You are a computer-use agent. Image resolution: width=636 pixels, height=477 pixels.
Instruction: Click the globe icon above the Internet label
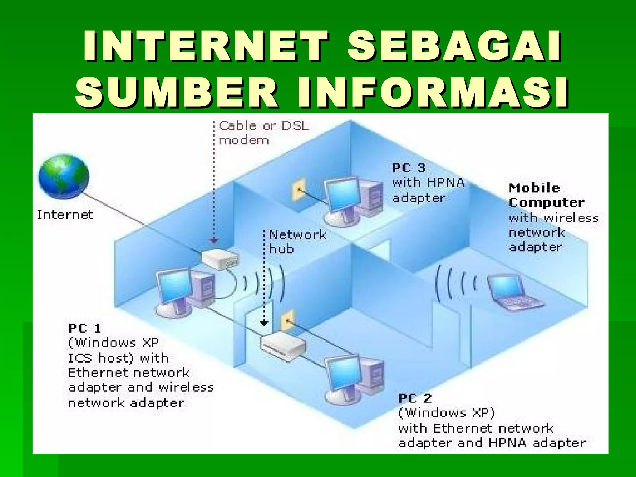tap(64, 176)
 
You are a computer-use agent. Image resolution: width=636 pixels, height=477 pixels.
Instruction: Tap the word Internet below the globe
tap(65, 215)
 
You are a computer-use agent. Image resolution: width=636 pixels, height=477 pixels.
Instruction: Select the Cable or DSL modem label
tap(264, 133)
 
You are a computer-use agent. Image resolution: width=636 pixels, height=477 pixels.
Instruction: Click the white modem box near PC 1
tap(220, 259)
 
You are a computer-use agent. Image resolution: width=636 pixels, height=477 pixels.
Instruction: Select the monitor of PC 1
tap(173, 285)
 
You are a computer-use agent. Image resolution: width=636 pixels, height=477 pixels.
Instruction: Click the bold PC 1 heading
tap(84, 328)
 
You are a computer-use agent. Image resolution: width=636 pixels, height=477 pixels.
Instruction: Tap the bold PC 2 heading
tap(415, 398)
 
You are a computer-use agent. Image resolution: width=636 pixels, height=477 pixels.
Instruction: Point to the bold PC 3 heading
tap(409, 168)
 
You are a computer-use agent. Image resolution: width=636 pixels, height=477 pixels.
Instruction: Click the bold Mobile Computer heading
tap(546, 195)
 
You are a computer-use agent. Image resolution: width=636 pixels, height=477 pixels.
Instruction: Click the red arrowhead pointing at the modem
tap(214, 241)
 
